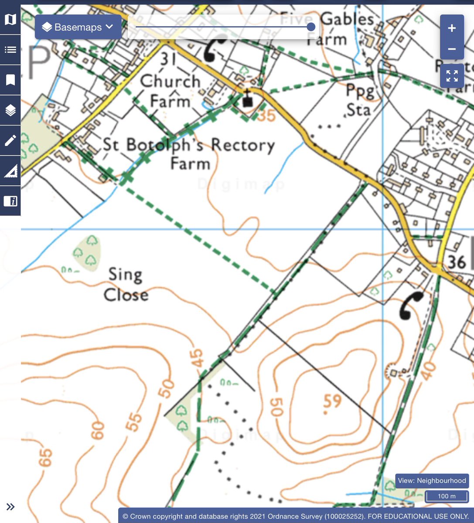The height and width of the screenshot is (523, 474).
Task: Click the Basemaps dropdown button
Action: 78,27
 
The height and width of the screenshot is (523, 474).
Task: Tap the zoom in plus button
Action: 452,28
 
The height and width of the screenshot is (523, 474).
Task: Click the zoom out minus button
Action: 452,49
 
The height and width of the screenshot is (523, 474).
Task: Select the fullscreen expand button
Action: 452,76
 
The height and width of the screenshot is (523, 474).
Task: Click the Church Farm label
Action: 170,91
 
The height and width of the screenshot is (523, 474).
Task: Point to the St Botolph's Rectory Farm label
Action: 189,154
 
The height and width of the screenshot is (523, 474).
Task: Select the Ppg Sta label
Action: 359,101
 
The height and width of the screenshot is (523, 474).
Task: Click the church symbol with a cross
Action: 248,100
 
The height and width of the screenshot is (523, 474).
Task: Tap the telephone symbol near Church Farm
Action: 215,48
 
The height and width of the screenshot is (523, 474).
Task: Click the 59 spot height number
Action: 332,401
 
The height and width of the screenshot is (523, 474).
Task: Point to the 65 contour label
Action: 45,458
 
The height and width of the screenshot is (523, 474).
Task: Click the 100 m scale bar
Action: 447,496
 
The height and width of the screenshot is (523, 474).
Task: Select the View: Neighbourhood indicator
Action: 432,481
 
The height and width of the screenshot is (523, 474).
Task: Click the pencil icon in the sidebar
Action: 10,140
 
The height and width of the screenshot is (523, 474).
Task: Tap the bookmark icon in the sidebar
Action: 10,80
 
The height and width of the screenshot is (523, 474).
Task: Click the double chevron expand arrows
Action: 10,506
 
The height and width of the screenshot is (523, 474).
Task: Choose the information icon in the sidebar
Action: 10,201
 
